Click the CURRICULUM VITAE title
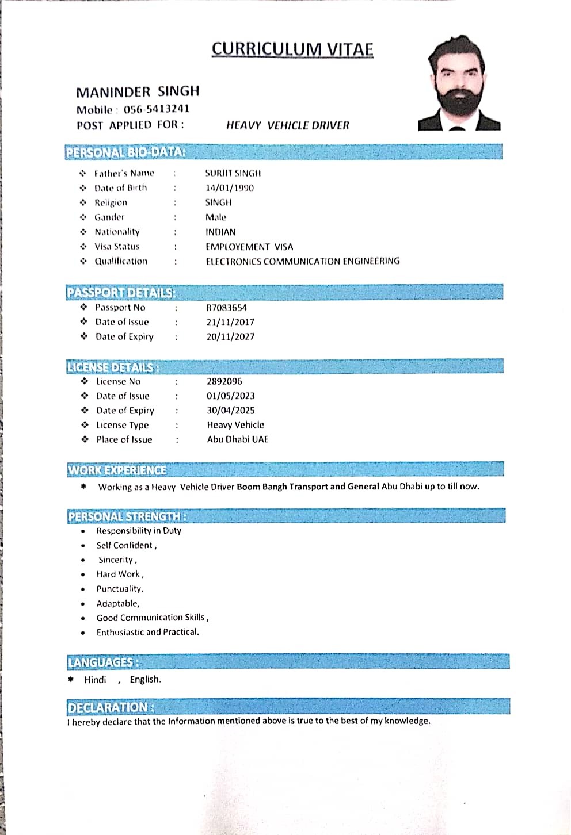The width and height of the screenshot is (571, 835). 292,49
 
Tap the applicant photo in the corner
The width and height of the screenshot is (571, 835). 459,84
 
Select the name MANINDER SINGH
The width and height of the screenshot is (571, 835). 138,92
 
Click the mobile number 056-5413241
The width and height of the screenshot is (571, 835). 157,109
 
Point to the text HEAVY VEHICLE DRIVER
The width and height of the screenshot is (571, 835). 288,125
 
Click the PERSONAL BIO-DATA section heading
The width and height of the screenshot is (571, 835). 125,152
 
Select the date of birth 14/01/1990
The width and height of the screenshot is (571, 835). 230,187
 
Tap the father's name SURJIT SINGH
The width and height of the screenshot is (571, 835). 233,173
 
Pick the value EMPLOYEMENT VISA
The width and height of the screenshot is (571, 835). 249,247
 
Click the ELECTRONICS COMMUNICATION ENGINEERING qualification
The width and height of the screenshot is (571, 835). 303,261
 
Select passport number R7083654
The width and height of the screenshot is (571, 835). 227,308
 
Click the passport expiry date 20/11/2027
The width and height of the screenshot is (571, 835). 230,336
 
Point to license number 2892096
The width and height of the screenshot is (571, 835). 224,381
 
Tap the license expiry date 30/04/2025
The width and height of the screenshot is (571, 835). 231,410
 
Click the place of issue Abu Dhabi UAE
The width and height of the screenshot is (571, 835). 238,439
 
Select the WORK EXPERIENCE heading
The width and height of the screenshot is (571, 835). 117,470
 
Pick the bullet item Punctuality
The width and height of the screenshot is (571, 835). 120,589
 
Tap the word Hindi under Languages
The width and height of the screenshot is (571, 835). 95,680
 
